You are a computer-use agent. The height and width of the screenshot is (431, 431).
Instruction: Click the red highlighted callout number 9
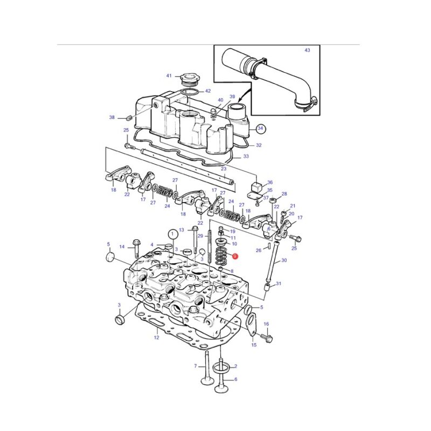click(x=234, y=256)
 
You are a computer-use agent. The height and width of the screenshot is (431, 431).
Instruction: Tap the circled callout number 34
click(x=260, y=128)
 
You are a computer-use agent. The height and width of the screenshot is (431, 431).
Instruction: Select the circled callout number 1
click(x=172, y=234)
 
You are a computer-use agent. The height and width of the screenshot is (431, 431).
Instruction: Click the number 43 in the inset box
click(x=307, y=50)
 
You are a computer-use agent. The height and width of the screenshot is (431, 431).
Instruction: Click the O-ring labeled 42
click(x=190, y=92)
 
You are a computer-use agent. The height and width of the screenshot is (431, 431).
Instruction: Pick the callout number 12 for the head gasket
click(x=156, y=337)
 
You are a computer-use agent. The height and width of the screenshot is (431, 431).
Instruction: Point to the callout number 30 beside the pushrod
click(x=284, y=260)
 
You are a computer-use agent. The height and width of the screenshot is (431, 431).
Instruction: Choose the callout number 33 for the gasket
click(x=246, y=156)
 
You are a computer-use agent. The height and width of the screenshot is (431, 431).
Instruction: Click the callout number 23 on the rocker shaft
click(x=224, y=169)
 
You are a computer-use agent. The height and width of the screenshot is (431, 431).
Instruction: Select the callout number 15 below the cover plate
click(x=254, y=345)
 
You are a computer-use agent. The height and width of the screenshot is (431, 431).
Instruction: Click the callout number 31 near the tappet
click(x=279, y=283)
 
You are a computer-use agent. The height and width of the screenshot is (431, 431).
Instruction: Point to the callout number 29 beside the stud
click(x=200, y=236)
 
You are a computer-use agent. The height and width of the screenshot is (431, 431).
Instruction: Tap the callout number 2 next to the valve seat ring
click(x=235, y=366)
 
